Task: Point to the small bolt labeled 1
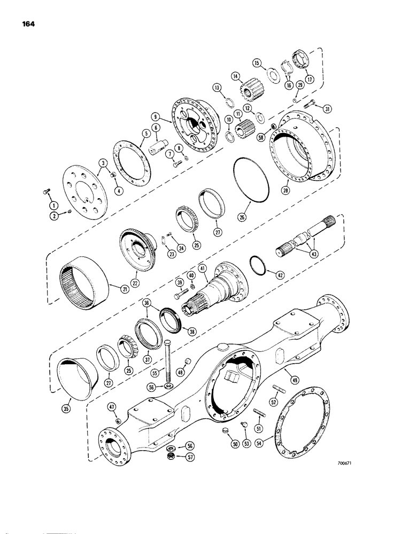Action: (x=47, y=193)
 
